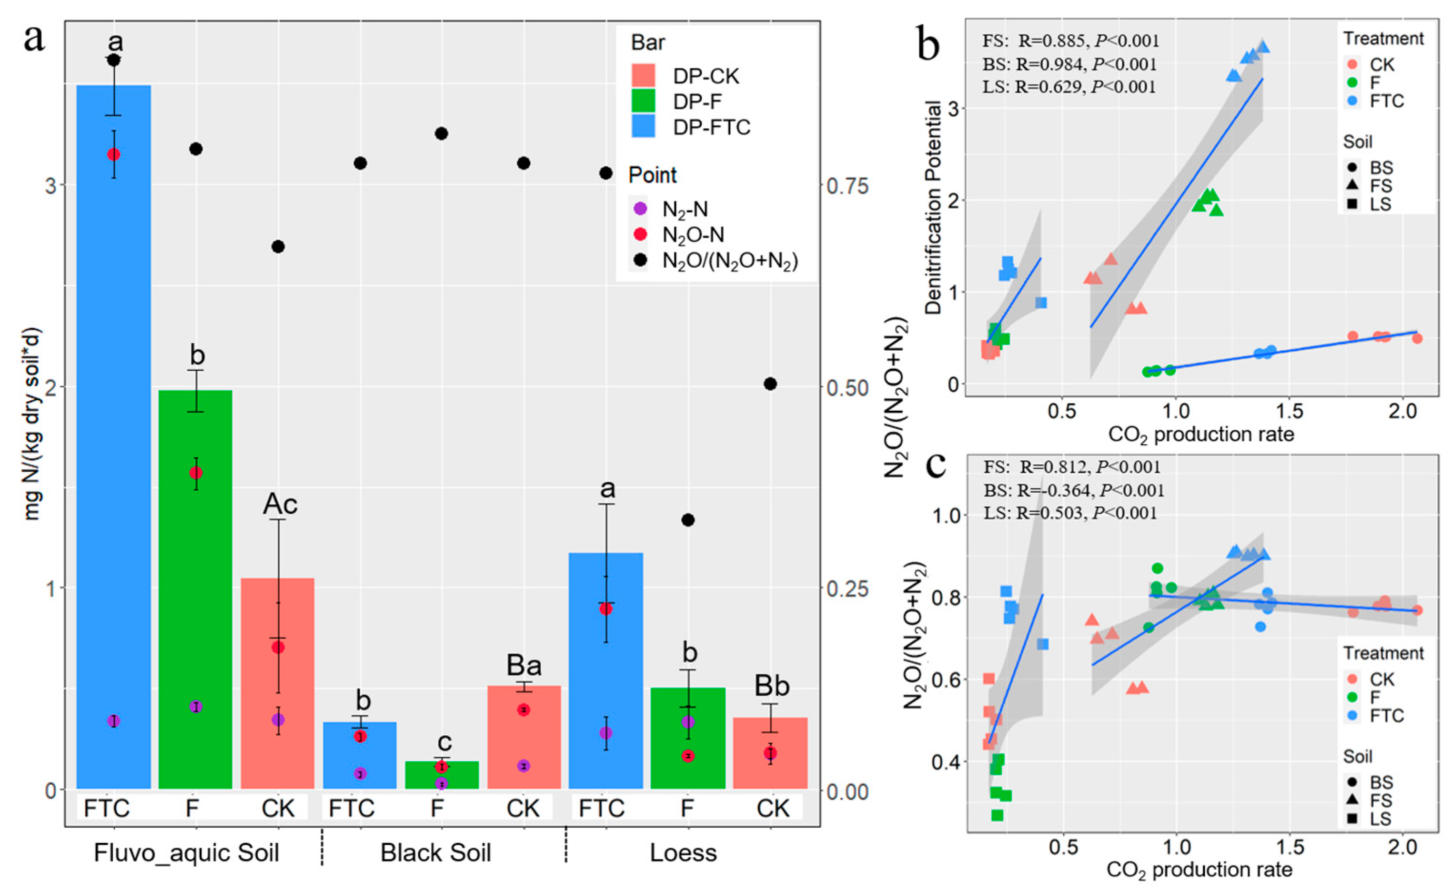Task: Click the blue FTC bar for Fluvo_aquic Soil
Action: (114, 436)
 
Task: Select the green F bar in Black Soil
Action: (442, 775)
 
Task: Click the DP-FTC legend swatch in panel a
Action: (643, 127)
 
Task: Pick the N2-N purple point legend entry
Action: (640, 209)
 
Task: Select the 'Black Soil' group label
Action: (435, 853)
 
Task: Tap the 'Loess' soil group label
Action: (683, 853)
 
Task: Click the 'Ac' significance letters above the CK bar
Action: (280, 504)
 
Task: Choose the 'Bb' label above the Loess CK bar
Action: (772, 686)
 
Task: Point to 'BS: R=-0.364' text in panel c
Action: (1073, 490)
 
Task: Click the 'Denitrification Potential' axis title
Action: (933, 207)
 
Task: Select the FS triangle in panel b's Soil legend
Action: (1352, 186)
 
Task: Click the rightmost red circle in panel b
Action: (1417, 339)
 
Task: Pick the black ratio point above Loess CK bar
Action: (770, 384)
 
